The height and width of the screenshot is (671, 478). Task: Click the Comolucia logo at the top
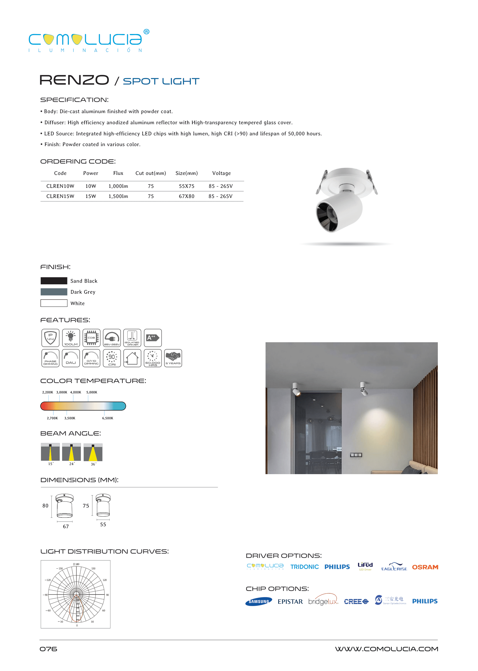89,41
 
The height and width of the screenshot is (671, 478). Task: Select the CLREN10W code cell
60,186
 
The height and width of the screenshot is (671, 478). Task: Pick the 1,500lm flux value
118,197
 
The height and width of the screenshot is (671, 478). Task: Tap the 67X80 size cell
187,197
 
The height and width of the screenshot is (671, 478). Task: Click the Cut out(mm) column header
151,173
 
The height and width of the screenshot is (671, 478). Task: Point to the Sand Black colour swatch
54,281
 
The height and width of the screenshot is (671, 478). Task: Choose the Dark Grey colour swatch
54,292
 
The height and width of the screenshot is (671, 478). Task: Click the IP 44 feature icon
50,338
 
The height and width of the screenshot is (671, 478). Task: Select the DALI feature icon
71,358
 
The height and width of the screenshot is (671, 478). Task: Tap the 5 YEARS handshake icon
173,358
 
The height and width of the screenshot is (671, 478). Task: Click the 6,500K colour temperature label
108,418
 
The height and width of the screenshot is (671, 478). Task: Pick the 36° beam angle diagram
93,452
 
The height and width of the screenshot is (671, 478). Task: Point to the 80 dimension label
45,506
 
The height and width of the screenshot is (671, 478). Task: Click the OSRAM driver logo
425,567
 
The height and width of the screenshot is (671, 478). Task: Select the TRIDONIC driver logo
305,567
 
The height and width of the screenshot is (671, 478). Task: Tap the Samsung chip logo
259,602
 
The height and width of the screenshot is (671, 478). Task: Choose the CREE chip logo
356,602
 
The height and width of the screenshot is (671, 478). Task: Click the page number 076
49,649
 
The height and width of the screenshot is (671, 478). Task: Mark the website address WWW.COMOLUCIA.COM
386,649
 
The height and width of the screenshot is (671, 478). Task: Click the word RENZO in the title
74,80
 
